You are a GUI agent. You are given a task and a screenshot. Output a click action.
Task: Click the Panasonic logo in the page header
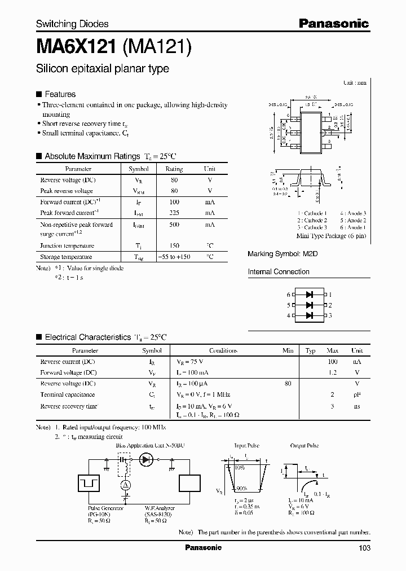coord(333,23)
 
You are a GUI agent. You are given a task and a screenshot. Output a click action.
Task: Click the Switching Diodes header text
coord(72,24)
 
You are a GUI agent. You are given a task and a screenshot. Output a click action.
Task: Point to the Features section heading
coord(60,94)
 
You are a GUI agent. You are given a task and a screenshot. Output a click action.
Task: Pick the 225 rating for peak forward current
coord(174,212)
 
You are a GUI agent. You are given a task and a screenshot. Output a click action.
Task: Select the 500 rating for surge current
coord(174,225)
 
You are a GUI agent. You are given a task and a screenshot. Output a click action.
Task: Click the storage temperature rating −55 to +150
coord(174,257)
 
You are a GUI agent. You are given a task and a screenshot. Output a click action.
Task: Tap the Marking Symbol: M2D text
coord(283,254)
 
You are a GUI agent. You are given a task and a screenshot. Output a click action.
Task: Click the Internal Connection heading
coord(279,271)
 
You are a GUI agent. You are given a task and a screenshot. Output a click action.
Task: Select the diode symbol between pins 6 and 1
coord(308,295)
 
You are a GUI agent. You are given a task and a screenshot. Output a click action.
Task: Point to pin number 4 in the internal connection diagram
coord(288,315)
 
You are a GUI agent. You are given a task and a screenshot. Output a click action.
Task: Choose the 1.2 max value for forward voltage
coord(333,372)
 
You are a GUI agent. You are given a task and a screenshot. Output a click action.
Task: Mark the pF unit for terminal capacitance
coord(357,395)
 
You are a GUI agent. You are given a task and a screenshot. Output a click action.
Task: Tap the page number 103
coord(364,547)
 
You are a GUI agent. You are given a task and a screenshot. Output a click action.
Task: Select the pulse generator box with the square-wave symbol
coord(88,483)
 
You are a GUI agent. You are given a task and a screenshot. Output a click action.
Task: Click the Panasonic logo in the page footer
coord(203,547)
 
